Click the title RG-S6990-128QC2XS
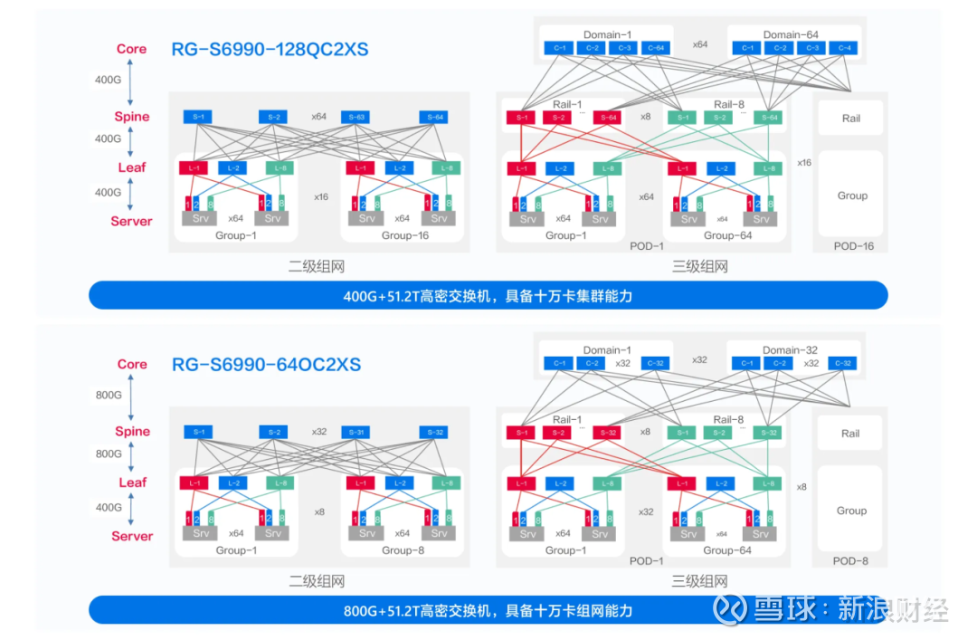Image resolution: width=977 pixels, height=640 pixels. tap(270, 49)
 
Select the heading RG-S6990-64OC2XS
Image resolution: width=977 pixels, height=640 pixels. tap(266, 364)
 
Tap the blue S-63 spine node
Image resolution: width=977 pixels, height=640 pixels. tap(355, 117)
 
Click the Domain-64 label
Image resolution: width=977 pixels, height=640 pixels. tap(790, 34)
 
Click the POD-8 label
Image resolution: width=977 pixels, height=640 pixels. tap(851, 560)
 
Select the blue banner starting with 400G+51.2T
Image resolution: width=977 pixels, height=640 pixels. tap(488, 295)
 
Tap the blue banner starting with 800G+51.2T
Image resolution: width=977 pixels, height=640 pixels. tap(488, 610)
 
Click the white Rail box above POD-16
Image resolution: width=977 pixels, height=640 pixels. tap(850, 118)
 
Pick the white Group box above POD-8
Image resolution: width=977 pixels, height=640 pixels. tap(850, 511)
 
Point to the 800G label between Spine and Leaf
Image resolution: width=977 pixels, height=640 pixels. tap(109, 454)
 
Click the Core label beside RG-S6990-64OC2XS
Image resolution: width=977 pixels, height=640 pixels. tap(132, 364)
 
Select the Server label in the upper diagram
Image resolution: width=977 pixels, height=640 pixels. tap(131, 221)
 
